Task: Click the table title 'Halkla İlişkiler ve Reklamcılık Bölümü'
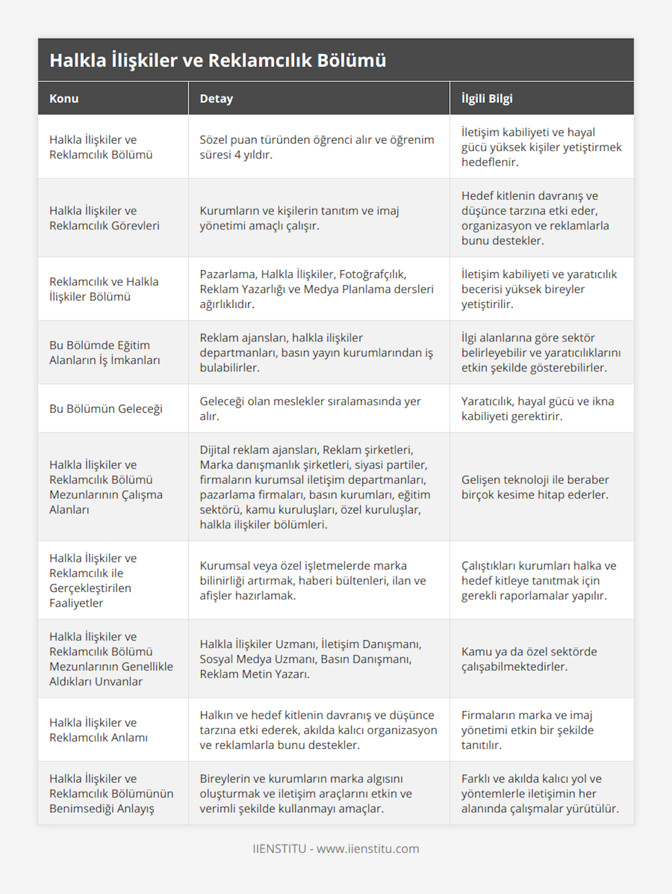point(218,61)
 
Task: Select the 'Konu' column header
point(64,99)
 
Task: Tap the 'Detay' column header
point(216,99)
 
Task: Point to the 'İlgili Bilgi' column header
point(487,99)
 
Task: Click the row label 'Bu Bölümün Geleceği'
point(106,409)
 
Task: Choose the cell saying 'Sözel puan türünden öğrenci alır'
point(317,147)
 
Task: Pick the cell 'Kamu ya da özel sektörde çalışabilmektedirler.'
point(529,659)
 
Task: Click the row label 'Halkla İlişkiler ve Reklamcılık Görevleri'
point(104,218)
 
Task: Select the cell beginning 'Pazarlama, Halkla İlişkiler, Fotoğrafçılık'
point(317,289)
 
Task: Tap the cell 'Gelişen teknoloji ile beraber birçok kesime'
point(535,487)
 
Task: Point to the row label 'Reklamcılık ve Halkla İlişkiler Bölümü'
point(104,289)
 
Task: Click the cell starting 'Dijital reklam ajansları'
point(317,487)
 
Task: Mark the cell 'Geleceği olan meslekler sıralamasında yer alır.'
point(310,409)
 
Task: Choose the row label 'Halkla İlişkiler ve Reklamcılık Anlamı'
point(99,730)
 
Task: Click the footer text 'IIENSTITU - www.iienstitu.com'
point(336,849)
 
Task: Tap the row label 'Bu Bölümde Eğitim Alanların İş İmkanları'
point(105,353)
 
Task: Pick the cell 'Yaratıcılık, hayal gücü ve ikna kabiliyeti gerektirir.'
point(538,409)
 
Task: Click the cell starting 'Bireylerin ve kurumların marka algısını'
point(306,793)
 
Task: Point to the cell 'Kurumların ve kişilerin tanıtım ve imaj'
point(300,218)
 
